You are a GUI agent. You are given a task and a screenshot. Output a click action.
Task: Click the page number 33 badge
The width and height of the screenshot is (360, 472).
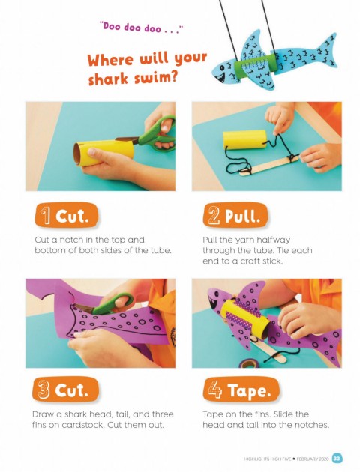pyautogui.click(x=337, y=459)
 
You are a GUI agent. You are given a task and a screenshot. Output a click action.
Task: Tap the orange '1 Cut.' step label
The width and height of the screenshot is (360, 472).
pyautogui.click(x=66, y=216)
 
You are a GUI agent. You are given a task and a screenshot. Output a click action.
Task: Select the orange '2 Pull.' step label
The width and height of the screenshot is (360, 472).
pyautogui.click(x=235, y=215)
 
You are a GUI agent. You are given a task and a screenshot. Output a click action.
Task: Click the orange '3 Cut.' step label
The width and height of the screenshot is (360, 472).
pyautogui.click(x=65, y=390)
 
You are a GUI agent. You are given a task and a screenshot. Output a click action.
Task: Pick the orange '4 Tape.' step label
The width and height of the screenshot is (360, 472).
pyautogui.click(x=241, y=390)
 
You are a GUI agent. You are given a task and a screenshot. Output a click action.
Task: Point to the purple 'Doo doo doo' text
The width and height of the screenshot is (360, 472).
pyautogui.click(x=142, y=28)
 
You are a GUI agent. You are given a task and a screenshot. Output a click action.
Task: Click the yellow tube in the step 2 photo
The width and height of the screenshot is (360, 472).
pyautogui.click(x=245, y=139)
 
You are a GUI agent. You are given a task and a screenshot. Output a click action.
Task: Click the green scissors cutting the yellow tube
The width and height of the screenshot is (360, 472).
pyautogui.click(x=151, y=135)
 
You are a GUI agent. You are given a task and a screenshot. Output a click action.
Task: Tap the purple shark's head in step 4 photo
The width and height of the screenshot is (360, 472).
pyautogui.click(x=218, y=300)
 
